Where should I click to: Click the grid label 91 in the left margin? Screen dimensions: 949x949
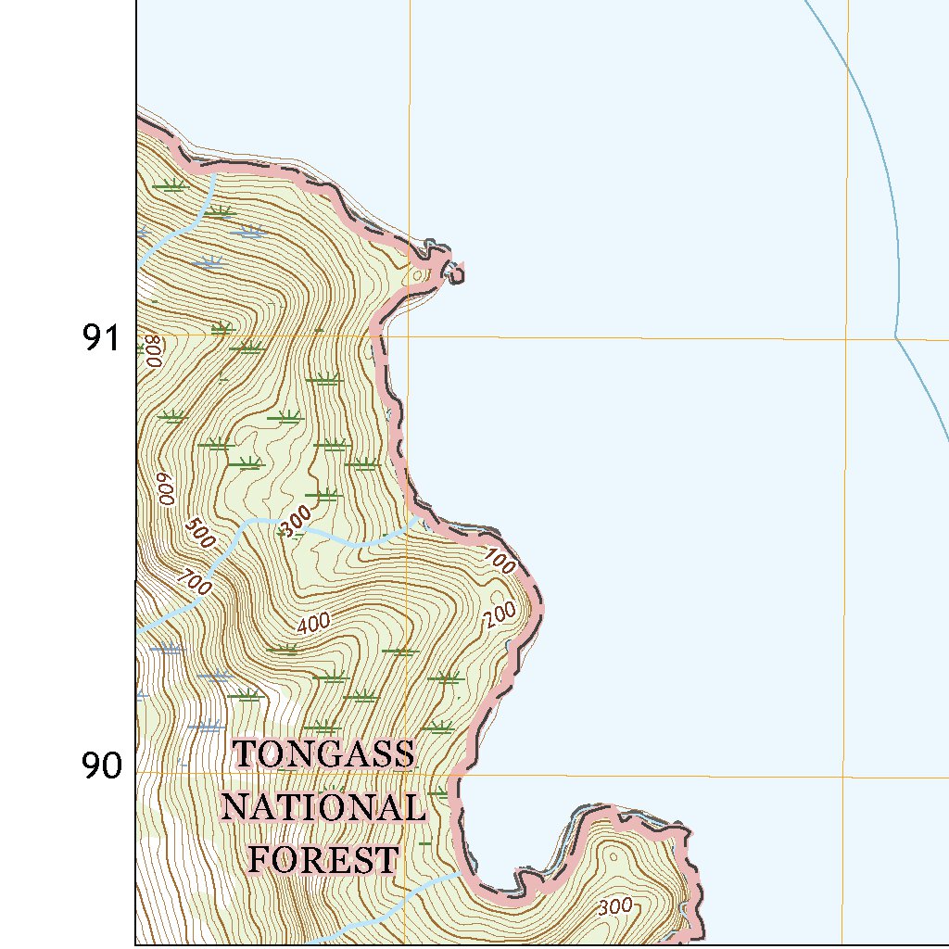point(102,339)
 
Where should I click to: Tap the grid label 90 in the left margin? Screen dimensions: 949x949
point(102,766)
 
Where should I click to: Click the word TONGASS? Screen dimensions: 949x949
point(323,754)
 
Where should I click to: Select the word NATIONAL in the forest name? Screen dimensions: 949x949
point(323,807)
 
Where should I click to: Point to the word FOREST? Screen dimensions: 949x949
point(323,859)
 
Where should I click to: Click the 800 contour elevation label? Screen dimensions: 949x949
point(154,351)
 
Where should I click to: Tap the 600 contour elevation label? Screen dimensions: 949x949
point(165,488)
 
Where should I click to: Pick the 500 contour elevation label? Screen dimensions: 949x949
point(198,532)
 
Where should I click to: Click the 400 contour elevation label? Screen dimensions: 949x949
point(314,625)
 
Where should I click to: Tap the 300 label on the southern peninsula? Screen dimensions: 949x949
point(616,905)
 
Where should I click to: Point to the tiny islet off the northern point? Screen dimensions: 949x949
point(454,271)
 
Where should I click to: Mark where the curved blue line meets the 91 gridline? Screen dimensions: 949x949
point(895,336)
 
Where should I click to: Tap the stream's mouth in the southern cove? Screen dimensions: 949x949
point(462,872)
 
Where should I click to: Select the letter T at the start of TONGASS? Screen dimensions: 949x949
point(244,754)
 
